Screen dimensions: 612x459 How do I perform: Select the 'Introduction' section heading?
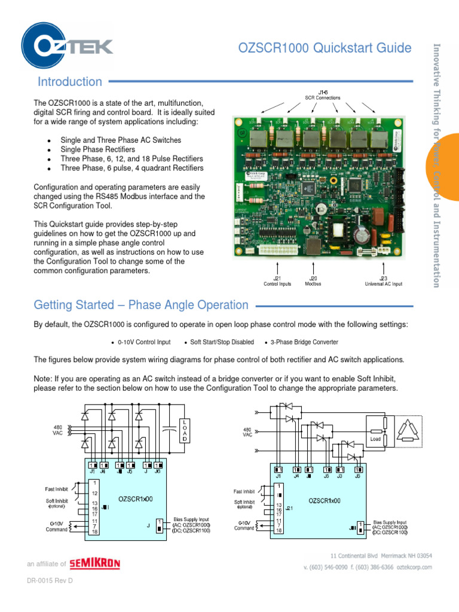point(70,82)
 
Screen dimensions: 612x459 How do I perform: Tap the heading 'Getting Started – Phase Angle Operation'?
point(141,305)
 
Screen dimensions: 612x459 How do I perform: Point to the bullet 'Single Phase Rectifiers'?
point(97,149)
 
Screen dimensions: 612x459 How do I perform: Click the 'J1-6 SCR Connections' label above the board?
point(322,94)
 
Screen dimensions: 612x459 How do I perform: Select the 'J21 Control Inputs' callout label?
point(277,281)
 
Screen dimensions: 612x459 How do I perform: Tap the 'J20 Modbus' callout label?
point(313,281)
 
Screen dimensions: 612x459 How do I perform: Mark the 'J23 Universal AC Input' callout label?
point(383,281)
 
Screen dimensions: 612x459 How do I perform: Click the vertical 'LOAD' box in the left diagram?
point(185,430)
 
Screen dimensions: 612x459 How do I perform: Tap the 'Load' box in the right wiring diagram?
point(375,438)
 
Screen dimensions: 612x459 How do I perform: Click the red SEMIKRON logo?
point(94,563)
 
